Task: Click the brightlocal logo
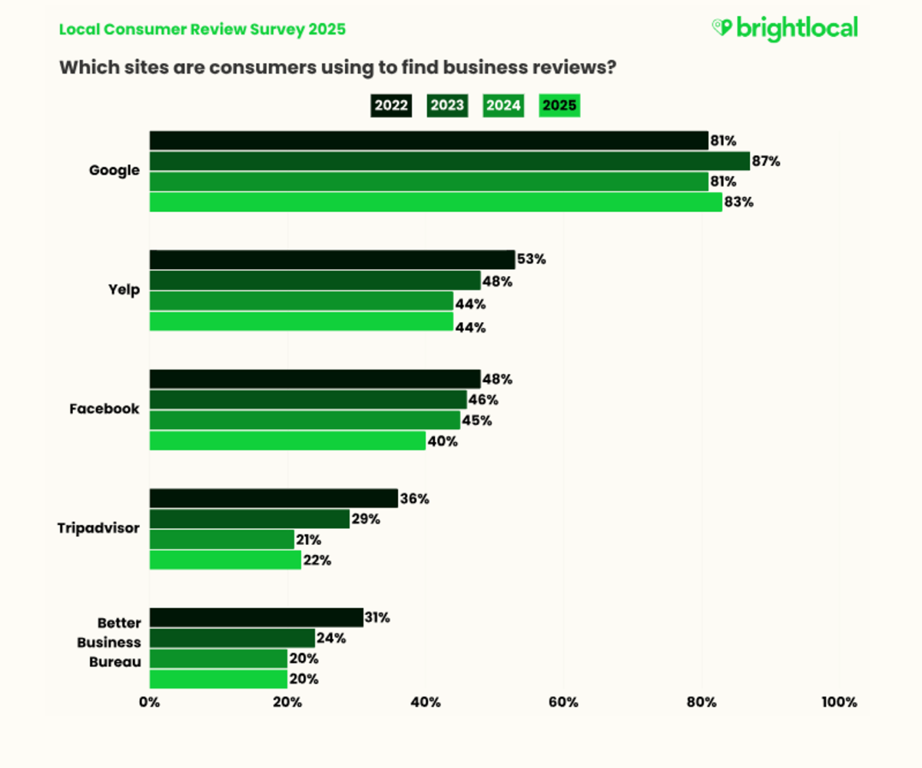(x=784, y=28)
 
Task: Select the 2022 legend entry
(x=390, y=106)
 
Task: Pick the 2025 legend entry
(x=559, y=106)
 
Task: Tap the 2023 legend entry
(x=447, y=106)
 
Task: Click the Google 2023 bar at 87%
(x=449, y=161)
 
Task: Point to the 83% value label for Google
(x=738, y=202)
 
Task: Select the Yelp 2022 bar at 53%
(x=332, y=260)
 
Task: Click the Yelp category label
(x=125, y=290)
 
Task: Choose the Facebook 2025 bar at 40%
(x=287, y=441)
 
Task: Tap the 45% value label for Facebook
(x=476, y=421)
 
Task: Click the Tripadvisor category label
(x=98, y=528)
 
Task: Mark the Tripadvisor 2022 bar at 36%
(x=273, y=498)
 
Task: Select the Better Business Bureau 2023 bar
(x=232, y=638)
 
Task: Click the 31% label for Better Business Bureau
(x=378, y=617)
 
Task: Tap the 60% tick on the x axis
(x=563, y=702)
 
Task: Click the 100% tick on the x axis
(x=838, y=702)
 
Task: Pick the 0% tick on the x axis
(x=149, y=702)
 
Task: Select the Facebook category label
(x=104, y=409)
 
